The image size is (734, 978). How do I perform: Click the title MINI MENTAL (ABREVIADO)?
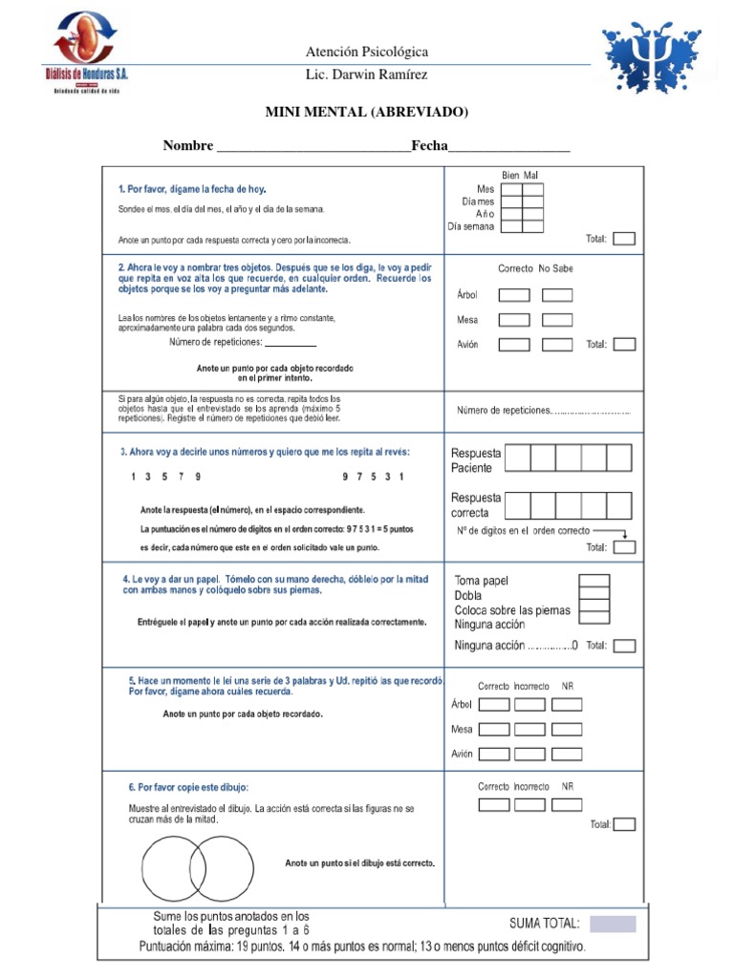[366, 113]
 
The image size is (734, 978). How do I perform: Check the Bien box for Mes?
[511, 189]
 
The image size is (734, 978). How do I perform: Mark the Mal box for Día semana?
[532, 226]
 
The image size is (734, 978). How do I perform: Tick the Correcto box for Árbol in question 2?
[514, 295]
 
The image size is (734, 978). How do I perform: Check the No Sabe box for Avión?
[557, 345]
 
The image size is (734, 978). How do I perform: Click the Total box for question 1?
[623, 239]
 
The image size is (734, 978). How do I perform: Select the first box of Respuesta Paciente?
[517, 458]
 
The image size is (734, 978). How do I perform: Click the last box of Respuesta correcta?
[619, 505]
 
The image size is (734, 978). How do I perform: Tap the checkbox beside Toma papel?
[594, 581]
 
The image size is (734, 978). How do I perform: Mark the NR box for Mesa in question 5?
[567, 730]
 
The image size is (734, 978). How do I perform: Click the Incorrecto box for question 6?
[529, 804]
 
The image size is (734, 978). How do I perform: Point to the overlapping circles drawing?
[198, 866]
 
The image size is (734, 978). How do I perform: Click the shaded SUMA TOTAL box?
[612, 924]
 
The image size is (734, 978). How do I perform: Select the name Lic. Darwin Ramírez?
[366, 74]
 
